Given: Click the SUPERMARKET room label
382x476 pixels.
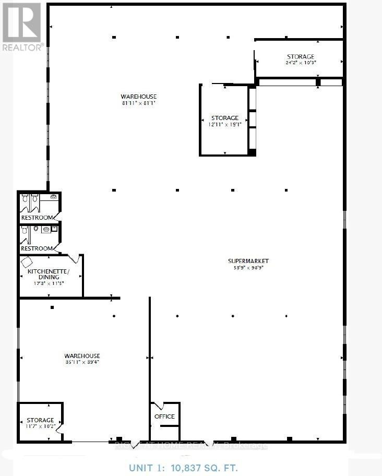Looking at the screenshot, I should pos(248,261).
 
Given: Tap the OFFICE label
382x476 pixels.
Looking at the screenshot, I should pos(164,416).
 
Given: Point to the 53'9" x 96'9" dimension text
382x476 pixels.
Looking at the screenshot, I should pos(248,268).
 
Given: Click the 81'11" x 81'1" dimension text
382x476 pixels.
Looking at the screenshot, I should pos(139,103).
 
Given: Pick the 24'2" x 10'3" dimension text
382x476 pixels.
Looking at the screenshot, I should pos(301,62).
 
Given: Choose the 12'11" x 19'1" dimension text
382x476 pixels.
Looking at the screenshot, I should pos(225,125).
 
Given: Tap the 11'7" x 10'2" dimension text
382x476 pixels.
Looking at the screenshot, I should pos(40,426).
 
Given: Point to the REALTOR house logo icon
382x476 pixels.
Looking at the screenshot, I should pos(21,22).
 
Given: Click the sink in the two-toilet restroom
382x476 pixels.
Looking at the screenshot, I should pos(55,197).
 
